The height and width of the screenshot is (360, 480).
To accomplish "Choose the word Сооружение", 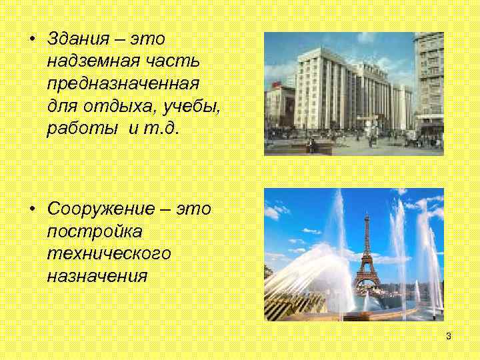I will coord(104,208).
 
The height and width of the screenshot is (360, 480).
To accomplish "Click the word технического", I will coord(109,254).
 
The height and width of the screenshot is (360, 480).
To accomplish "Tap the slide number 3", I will coord(449,336).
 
